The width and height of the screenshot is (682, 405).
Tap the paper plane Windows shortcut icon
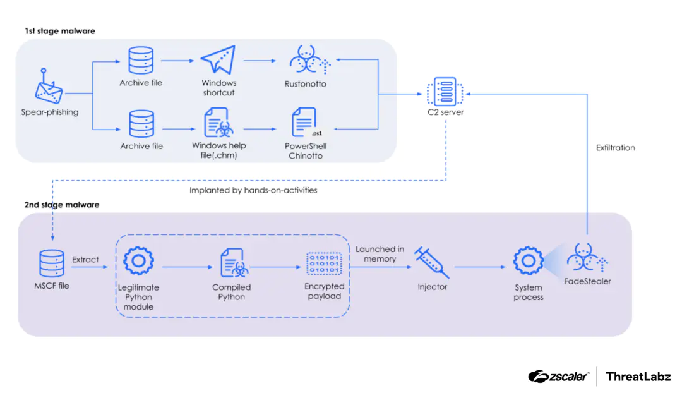[x=218, y=61]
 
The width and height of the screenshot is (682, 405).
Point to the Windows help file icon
[x=218, y=123]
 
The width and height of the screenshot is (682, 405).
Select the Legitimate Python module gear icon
[x=138, y=262]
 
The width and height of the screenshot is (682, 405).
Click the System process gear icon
[x=529, y=261]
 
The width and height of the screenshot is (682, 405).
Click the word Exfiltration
[x=615, y=148]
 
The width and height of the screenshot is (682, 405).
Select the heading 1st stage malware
[x=61, y=31]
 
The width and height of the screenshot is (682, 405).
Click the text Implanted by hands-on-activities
[x=253, y=190]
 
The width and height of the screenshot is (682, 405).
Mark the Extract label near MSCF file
[x=85, y=259]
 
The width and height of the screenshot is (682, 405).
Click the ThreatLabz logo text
[x=638, y=377]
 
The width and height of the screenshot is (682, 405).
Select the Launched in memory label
[x=380, y=254]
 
